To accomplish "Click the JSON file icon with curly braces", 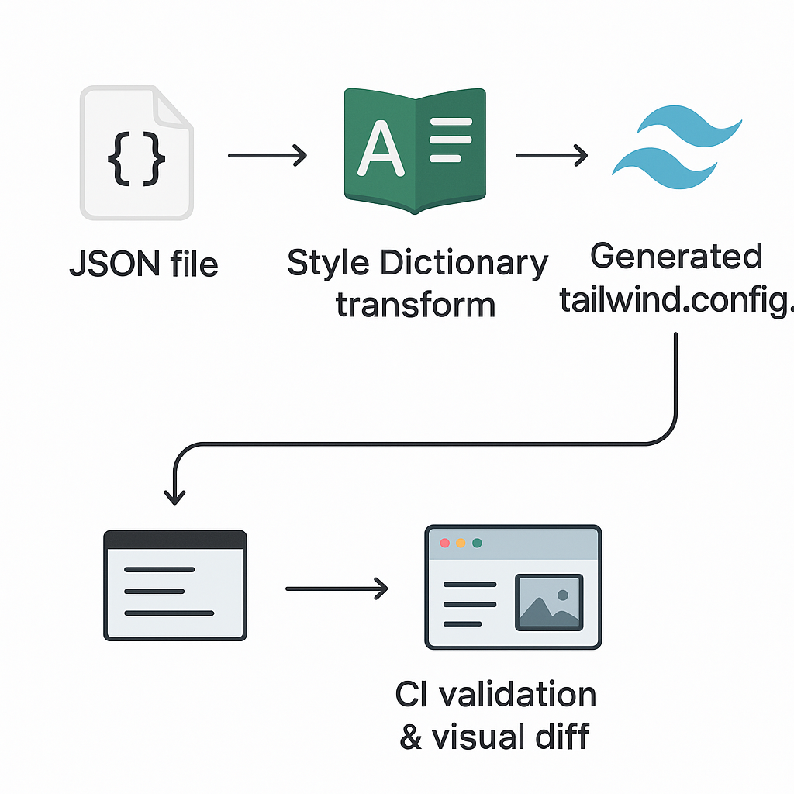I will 136,154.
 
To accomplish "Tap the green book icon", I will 414,151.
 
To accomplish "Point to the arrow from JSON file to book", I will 268,157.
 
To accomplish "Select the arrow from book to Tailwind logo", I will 551,157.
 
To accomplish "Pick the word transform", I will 416,304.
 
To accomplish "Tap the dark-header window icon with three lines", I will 174,585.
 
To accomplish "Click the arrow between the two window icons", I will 337,589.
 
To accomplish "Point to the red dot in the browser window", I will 445,543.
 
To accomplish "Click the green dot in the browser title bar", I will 477,543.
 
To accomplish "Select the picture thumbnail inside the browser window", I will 549,601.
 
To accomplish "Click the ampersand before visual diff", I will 410,737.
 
